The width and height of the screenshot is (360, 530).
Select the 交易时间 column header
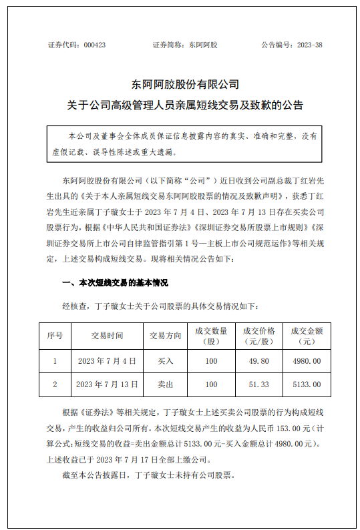pyautogui.click(x=107, y=335)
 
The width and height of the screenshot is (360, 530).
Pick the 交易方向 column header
pyautogui.click(x=165, y=335)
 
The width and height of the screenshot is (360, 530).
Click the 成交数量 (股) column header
pyautogui.click(x=212, y=335)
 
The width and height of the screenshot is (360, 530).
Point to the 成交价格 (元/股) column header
pyautogui.click(x=259, y=335)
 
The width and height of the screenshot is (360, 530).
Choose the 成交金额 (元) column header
pyautogui.click(x=307, y=335)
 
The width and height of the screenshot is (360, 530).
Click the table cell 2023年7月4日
pyautogui.click(x=107, y=361)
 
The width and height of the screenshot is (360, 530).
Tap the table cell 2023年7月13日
pyautogui.click(x=107, y=384)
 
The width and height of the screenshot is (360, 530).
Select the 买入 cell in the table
pyautogui.click(x=165, y=361)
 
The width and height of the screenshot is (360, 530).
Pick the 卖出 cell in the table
pyautogui.click(x=165, y=384)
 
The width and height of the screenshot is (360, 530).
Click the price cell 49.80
pyautogui.click(x=259, y=361)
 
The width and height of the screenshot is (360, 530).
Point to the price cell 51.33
pyautogui.click(x=259, y=384)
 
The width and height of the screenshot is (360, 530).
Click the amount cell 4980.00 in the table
pyautogui.click(x=307, y=361)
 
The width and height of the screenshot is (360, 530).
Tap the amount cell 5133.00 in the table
pyautogui.click(x=307, y=384)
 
